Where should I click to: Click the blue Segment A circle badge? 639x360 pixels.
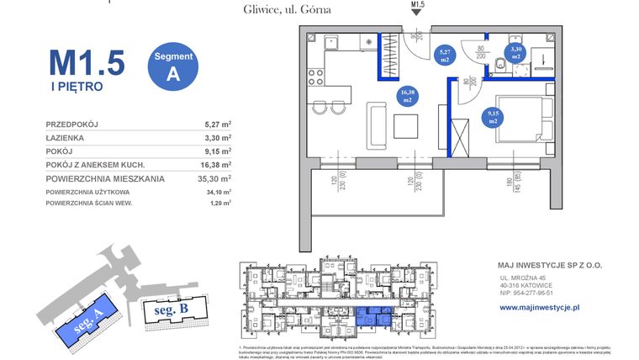174,65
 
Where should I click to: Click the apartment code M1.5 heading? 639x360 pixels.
87,63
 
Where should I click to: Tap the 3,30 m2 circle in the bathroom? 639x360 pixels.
515,53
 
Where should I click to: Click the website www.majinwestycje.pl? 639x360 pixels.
540,308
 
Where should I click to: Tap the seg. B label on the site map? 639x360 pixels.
171,310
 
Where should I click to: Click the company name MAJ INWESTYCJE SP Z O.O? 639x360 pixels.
551,265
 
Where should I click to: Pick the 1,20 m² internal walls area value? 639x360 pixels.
220,203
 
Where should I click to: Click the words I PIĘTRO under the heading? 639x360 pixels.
76,86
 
